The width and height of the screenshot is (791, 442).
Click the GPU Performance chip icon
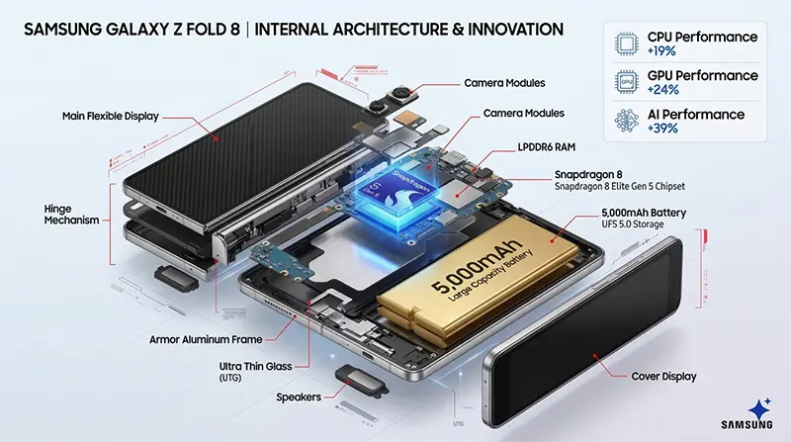tap(625, 81)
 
